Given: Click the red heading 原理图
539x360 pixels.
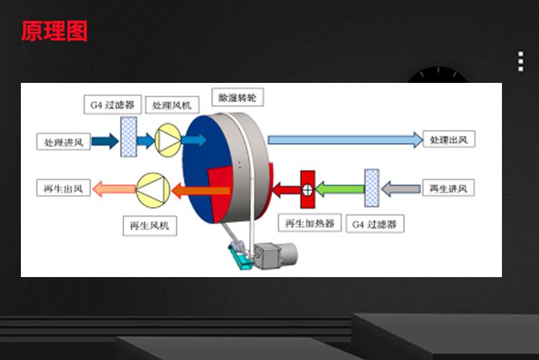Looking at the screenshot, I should (54, 30).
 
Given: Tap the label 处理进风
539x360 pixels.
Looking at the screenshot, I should (63, 142).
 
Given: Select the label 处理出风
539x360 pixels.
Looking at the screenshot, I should (452, 140).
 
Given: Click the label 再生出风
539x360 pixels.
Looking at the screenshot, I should (63, 189).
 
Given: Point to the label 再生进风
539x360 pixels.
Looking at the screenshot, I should (448, 188).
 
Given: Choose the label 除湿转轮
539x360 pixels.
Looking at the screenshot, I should (237, 97).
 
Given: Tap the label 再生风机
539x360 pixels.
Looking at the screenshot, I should (150, 226).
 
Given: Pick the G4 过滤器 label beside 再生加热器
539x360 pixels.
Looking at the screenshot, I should (375, 224).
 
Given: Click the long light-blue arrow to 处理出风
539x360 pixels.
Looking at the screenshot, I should (344, 140).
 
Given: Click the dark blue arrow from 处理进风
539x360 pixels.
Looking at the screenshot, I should (105, 141).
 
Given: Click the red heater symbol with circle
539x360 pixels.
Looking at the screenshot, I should (307, 189).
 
